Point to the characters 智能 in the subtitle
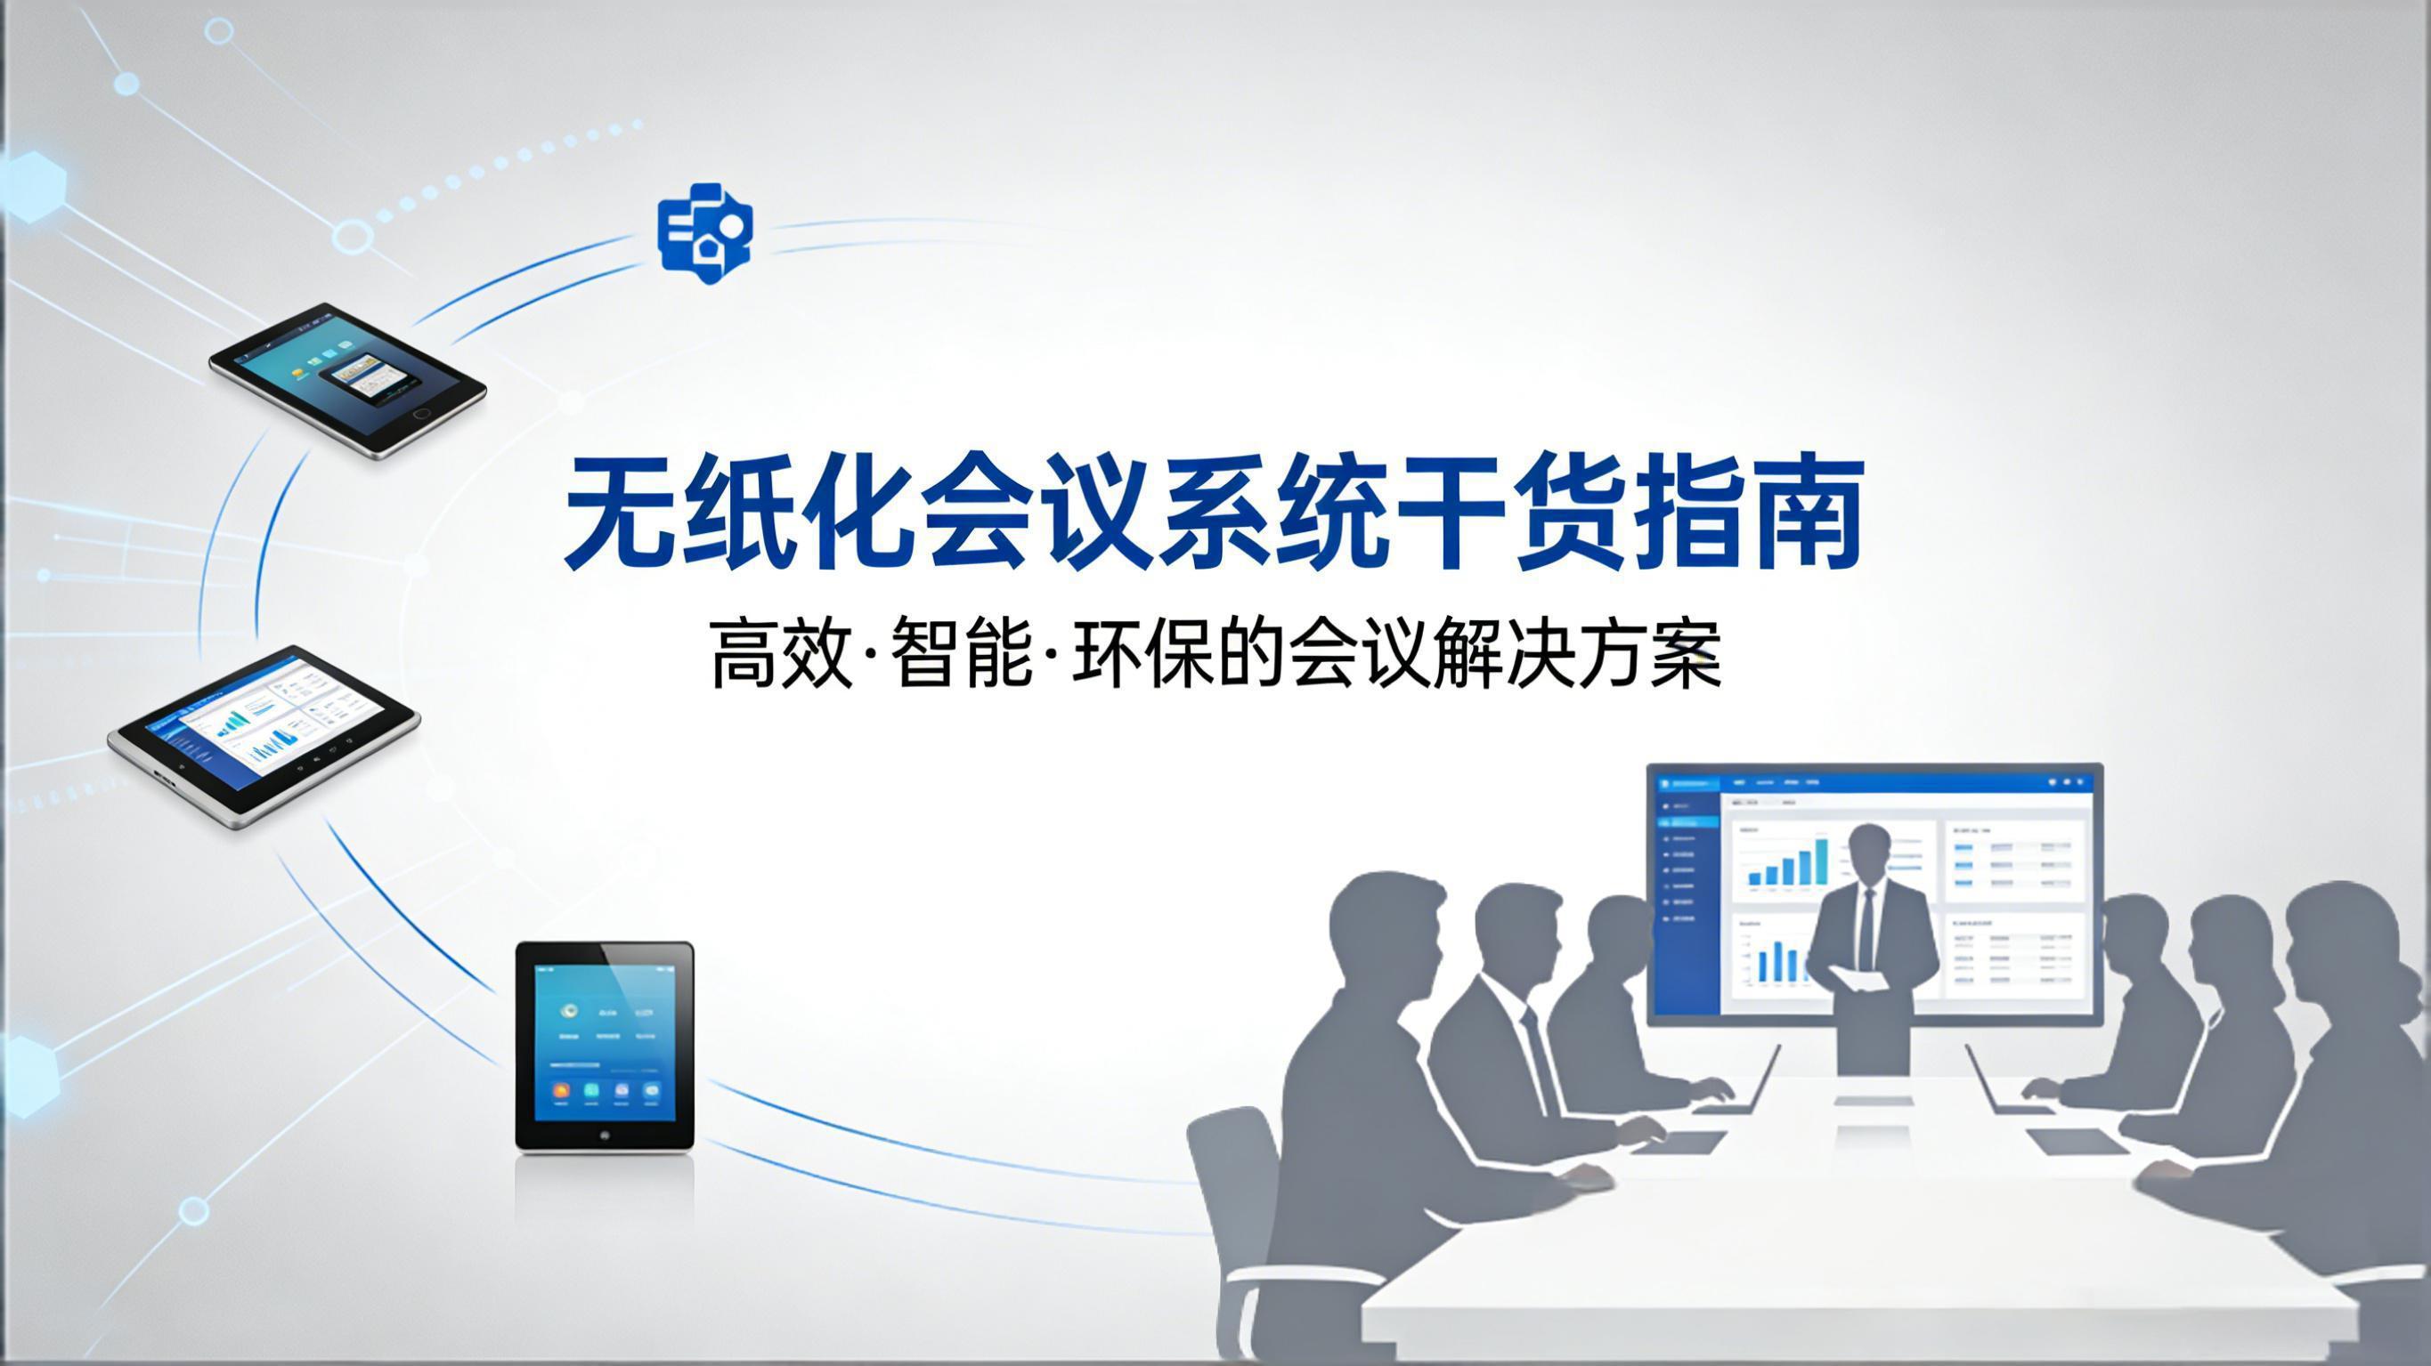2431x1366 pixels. (x=963, y=653)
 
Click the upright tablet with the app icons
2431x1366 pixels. (x=604, y=1045)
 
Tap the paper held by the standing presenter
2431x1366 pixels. (x=1857, y=977)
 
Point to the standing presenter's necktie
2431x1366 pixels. (x=1866, y=929)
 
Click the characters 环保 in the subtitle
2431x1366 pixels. (x=1143, y=653)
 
